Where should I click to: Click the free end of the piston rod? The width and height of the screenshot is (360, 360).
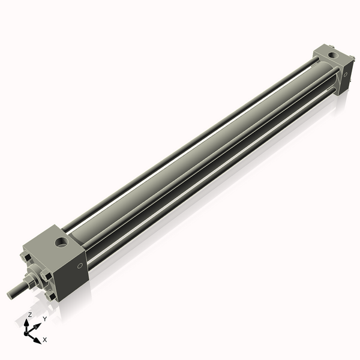pos(10,294)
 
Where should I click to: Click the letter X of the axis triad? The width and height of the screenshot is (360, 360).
pos(45,340)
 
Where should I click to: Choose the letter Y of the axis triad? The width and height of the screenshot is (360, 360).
pos(44,319)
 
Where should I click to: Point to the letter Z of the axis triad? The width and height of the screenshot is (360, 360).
pos(29,314)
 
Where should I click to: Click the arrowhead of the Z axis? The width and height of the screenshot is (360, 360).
pos(27,322)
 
